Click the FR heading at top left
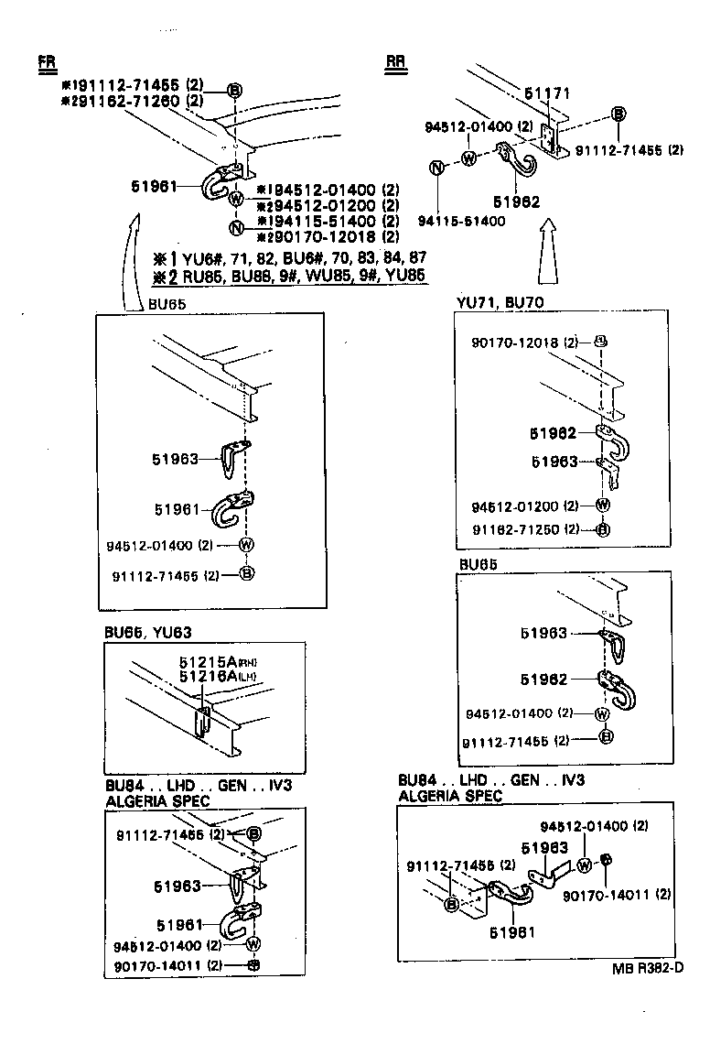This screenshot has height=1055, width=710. coord(46,62)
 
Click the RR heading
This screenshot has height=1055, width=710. coord(395,62)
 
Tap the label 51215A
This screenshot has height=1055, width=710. coord(202,663)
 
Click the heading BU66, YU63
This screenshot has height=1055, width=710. coord(147,632)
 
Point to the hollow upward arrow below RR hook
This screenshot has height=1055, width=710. coord(550,250)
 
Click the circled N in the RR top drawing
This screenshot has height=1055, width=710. coord(437,168)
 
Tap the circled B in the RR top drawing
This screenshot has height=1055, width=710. coord(619,114)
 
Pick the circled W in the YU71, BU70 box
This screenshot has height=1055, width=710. coord(603,506)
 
